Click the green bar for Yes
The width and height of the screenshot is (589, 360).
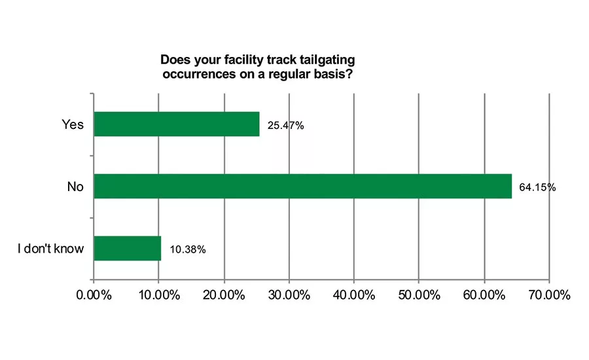point(177,124)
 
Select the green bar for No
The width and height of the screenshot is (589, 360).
point(302,186)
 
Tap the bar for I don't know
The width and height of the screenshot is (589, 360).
point(128,248)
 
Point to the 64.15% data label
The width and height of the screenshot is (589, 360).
point(537,187)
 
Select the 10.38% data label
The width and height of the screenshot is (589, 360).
point(187,249)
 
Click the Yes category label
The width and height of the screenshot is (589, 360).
point(73,124)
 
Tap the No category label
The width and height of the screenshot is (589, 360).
point(75,187)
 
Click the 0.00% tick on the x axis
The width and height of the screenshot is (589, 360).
point(94,295)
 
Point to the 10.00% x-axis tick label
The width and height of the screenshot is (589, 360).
point(158,295)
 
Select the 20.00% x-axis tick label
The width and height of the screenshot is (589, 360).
point(224,295)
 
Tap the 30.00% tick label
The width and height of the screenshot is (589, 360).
point(289,295)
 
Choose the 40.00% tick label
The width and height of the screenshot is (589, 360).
point(353,295)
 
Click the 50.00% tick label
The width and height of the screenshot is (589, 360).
point(419,295)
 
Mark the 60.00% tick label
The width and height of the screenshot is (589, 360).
point(484,295)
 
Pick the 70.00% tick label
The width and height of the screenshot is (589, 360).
point(548,295)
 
